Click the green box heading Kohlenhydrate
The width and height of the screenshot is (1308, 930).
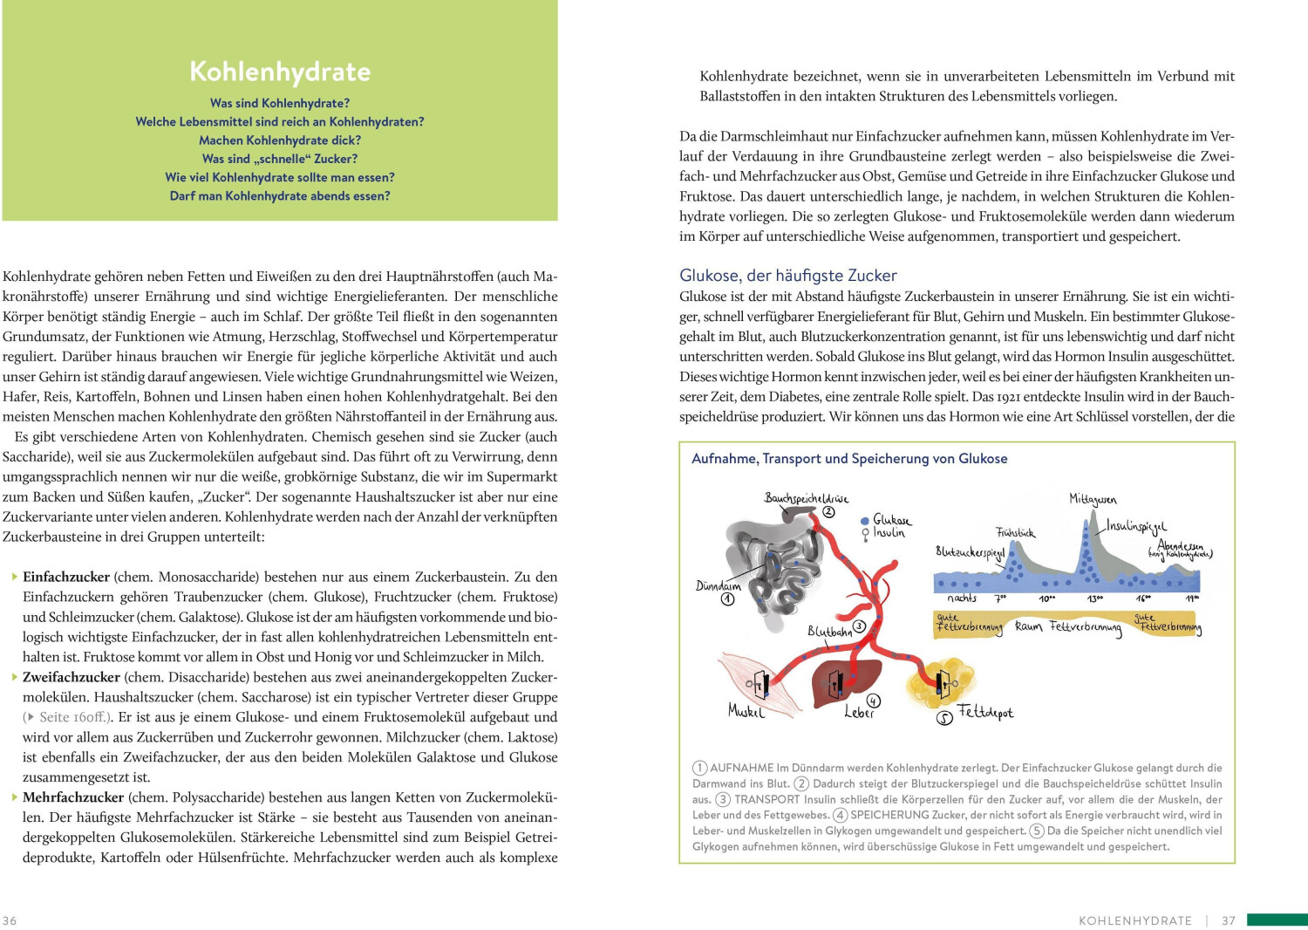[280, 72]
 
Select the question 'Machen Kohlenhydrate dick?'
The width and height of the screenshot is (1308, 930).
[280, 140]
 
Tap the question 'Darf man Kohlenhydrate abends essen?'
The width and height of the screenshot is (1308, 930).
[280, 196]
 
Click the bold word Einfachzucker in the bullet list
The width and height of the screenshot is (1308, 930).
[66, 578]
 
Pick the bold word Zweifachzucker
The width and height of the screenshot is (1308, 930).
[72, 678]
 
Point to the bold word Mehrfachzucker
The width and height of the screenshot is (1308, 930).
[73, 798]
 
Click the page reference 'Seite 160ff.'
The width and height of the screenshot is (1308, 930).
[74, 718]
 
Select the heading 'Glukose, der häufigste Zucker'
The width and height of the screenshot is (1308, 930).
[788, 276]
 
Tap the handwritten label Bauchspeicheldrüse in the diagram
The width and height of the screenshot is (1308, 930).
[806, 499]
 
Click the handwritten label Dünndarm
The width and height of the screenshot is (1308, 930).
[718, 586]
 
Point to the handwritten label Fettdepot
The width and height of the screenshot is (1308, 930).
[985, 713]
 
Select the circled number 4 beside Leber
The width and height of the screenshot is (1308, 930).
[874, 701]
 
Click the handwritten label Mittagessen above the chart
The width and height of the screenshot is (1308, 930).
[1093, 500]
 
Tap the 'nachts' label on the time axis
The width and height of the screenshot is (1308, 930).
[962, 598]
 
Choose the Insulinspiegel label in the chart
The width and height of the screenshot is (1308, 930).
[1136, 527]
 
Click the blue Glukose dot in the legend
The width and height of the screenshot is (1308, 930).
[865, 520]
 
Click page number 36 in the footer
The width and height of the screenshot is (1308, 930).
[10, 920]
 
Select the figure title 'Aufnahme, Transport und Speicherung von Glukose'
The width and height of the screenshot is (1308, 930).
[849, 459]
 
